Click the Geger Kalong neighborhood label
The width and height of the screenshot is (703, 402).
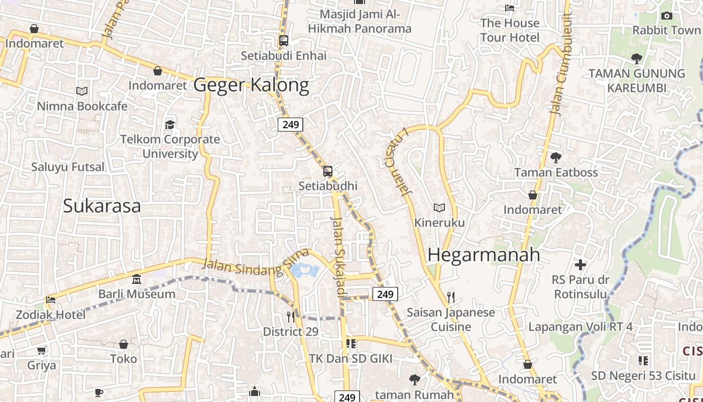pos(251,85)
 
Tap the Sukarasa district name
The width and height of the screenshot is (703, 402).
pos(102,206)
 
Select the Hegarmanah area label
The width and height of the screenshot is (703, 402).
pos(484,255)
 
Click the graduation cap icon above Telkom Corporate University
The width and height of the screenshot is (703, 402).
pos(170,125)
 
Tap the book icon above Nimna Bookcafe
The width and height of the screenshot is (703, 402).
pos(82,91)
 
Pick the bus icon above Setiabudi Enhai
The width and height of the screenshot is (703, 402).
pos(284,41)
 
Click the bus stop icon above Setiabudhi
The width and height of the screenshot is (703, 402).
pos(328,171)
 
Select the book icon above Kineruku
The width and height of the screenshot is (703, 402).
pos(439,208)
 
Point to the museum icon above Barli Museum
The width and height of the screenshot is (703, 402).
pos(137,279)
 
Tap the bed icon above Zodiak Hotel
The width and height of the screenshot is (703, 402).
pos(51,300)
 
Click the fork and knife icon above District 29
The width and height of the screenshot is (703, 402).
pos(291,317)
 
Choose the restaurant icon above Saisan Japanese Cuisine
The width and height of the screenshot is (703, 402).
pos(451,297)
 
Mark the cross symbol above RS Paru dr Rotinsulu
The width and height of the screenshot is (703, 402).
pos(580,265)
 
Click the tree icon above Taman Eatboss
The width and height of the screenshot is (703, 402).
pos(556,158)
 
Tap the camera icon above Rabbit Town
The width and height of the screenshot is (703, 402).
pos(667,16)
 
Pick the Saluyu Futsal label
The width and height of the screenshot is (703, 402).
pos(68,167)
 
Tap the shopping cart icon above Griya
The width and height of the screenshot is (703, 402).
pos(42,350)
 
